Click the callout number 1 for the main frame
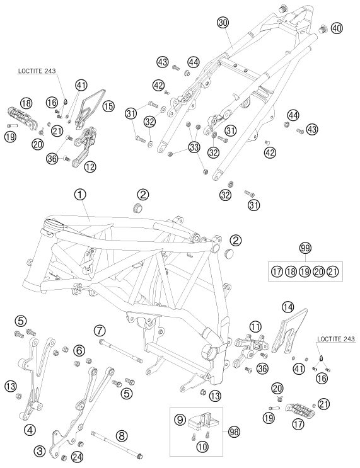[80, 195]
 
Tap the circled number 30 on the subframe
[223, 23]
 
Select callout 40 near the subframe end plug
[337, 28]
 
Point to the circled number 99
[305, 248]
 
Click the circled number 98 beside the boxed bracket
[235, 431]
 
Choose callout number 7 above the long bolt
[100, 331]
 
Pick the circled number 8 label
[121, 435]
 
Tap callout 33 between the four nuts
[194, 147]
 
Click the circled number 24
[77, 457]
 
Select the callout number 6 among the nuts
[79, 350]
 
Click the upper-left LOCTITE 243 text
[37, 71]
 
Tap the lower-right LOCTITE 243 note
[336, 339]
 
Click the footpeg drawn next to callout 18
[23, 117]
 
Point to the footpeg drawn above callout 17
[299, 410]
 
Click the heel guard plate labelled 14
[289, 331]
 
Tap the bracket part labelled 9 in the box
[203, 421]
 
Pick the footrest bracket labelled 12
[84, 145]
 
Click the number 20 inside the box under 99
[319, 271]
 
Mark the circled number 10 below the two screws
[202, 447]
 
